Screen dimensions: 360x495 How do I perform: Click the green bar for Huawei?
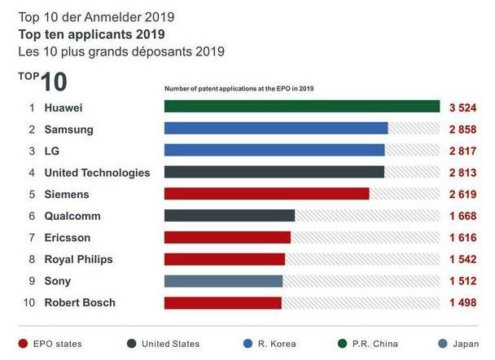point(302,107)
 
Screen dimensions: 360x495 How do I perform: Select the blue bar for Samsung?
point(276,129)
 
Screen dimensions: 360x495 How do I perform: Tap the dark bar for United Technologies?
point(274,172)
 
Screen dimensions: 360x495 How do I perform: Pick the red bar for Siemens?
point(267,194)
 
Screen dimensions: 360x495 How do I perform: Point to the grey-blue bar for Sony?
point(223,281)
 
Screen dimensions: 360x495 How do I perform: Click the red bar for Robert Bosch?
point(223,303)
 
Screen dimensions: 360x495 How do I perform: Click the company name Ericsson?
point(68,238)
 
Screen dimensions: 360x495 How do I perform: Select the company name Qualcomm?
point(72,216)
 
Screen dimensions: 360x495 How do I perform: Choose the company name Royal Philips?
point(78,259)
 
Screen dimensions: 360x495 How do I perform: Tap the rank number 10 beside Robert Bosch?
point(28,303)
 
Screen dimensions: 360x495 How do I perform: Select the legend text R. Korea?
point(277,344)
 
